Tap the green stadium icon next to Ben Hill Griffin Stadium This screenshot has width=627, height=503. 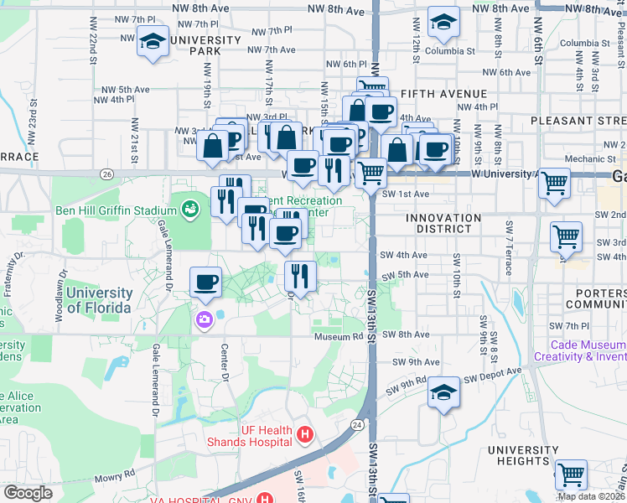(191, 207)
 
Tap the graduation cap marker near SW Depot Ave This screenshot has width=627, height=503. (443, 392)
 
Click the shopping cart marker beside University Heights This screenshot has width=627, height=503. (571, 474)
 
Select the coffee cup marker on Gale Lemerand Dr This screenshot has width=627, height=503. (205, 282)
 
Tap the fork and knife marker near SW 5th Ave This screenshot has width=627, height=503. (300, 275)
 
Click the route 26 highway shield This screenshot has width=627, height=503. (106, 174)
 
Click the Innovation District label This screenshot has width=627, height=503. (443, 223)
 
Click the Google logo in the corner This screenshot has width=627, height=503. (28, 493)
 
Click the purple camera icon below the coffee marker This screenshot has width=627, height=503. (204, 319)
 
